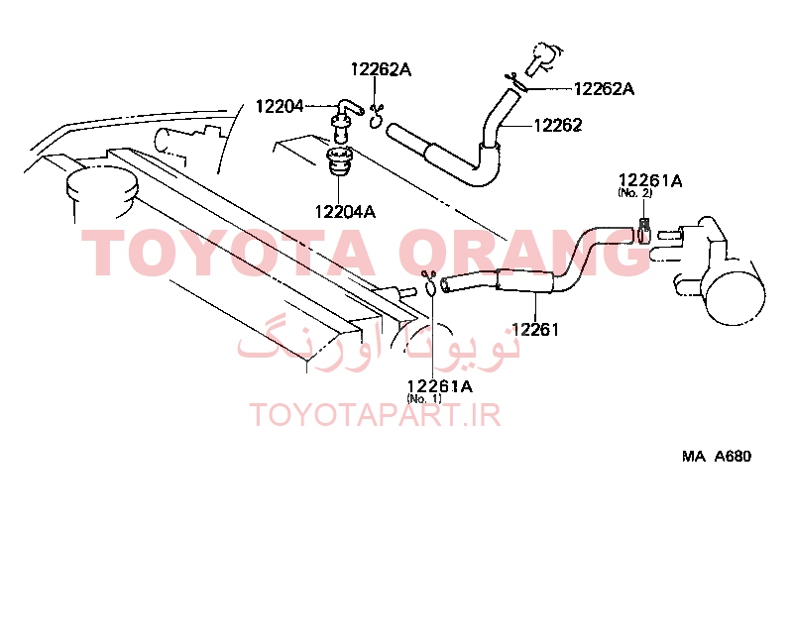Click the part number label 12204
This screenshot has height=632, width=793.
(x=280, y=106)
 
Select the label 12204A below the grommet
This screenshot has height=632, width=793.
(x=345, y=211)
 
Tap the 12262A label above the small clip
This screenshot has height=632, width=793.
(x=381, y=69)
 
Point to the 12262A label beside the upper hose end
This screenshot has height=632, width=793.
(x=604, y=89)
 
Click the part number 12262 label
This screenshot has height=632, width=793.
(x=558, y=125)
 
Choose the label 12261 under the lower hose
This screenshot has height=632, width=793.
(x=535, y=330)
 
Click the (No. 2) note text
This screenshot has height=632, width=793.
(x=634, y=192)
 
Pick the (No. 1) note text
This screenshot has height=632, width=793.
(x=424, y=398)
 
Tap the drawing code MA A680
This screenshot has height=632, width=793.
(x=717, y=456)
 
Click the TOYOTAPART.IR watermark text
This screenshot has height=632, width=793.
(x=376, y=415)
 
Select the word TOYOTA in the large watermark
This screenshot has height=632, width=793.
(x=228, y=253)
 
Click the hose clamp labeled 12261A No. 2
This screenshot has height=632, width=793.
(x=643, y=231)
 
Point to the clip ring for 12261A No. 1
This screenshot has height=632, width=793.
(x=430, y=283)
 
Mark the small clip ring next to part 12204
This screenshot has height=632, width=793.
(x=376, y=117)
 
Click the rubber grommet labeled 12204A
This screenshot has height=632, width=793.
(x=340, y=161)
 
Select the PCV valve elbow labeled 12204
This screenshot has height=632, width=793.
(x=344, y=121)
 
